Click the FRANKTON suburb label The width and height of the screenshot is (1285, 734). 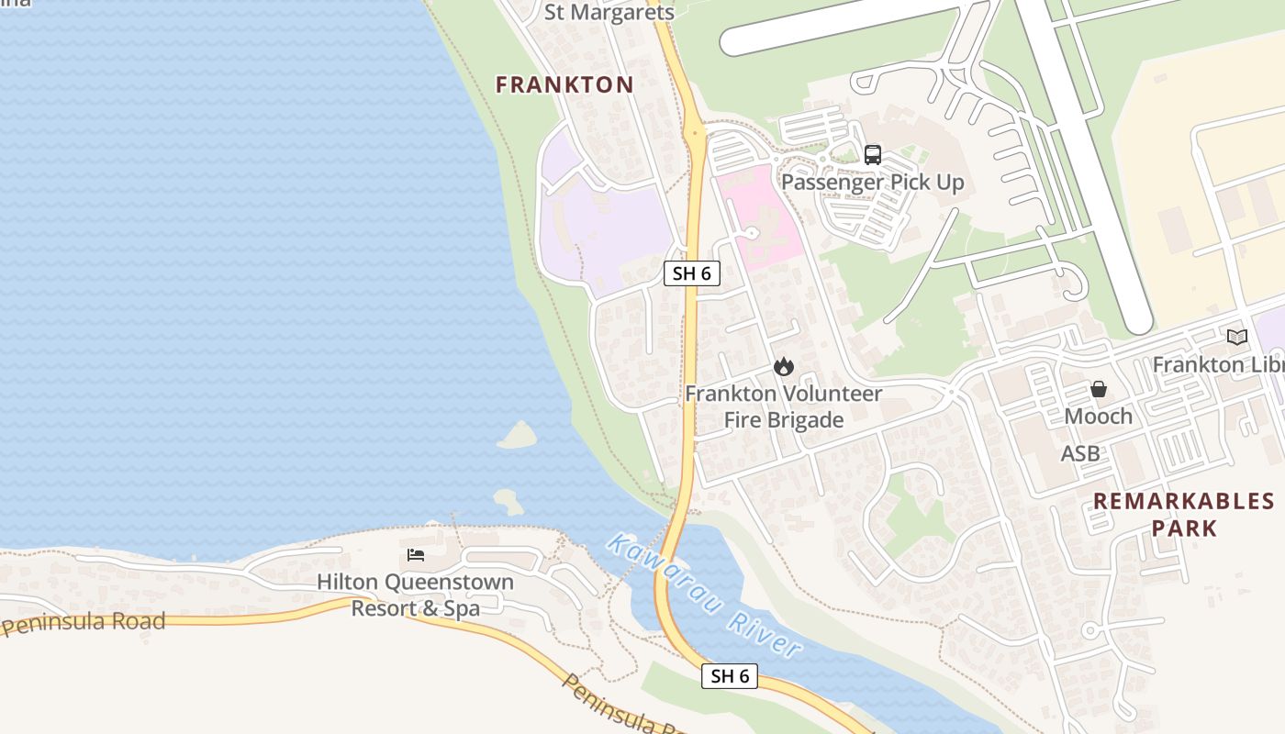pos(564,85)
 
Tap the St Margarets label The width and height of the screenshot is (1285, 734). pos(609,12)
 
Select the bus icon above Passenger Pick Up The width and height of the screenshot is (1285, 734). pos(872,155)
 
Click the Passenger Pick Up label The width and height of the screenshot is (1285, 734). pos(872,183)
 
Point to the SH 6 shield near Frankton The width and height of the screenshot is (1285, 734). pos(692,272)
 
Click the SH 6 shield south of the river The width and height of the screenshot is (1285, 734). pos(731,676)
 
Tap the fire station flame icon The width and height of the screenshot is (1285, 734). pos(783,367)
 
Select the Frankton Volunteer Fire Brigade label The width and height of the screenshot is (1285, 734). pos(783,406)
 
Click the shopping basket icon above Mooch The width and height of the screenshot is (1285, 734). pos(1099,390)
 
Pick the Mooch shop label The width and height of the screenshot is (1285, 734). pos(1099,417)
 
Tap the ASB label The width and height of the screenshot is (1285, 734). pos(1080,453)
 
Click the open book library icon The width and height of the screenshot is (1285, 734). pos(1237,338)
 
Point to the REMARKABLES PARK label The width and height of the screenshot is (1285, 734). pos(1184,515)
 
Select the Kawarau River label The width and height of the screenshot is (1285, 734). pos(703,595)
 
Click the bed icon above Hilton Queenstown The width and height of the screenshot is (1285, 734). pos(416,555)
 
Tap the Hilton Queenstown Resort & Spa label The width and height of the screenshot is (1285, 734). pos(415,595)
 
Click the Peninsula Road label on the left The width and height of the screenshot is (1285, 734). pos(84,624)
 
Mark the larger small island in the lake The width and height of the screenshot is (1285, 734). pos(519,435)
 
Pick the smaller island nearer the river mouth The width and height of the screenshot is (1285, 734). pos(508,501)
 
